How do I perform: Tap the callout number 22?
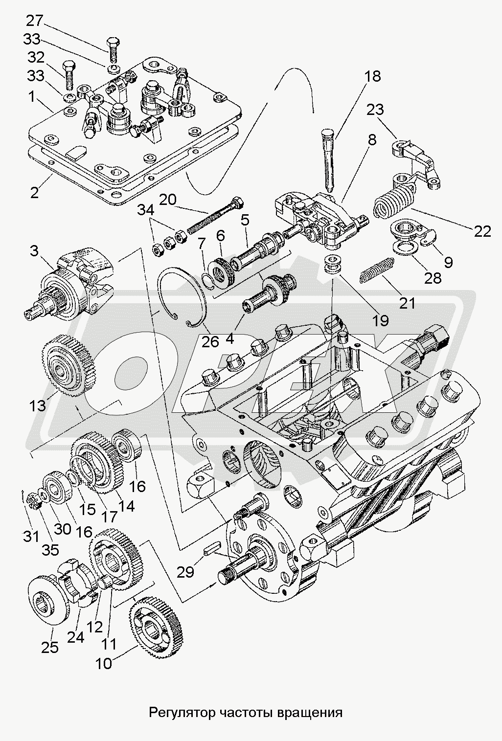(x=482, y=231)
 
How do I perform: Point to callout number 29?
(x=186, y=571)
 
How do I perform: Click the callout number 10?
(x=104, y=663)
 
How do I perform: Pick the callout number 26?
(x=210, y=341)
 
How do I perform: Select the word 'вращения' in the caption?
(x=314, y=712)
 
